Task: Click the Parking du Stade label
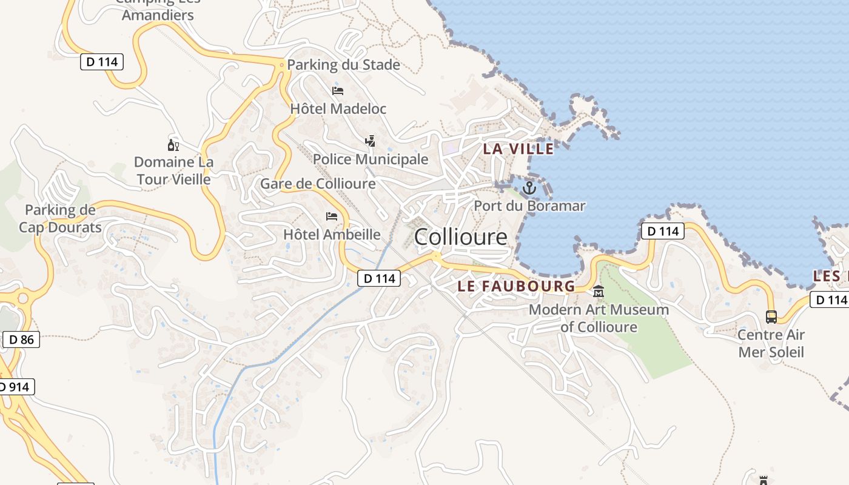click(x=343, y=65)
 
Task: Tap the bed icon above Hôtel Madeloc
click(x=338, y=91)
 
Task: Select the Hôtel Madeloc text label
click(x=338, y=109)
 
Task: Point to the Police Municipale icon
click(x=370, y=141)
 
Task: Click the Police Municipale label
click(x=370, y=159)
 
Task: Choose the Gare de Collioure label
click(x=318, y=183)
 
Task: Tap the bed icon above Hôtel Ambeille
click(x=332, y=216)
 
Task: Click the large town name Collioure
click(x=460, y=236)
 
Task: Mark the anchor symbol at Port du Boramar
click(x=529, y=188)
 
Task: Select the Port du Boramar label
click(x=529, y=206)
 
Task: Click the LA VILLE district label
click(x=518, y=149)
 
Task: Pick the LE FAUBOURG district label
click(x=516, y=286)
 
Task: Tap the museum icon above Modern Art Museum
click(x=599, y=292)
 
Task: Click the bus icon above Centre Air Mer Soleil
click(x=771, y=316)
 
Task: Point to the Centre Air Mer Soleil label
click(x=771, y=343)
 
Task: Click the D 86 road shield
click(x=22, y=339)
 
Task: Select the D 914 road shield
click(x=16, y=387)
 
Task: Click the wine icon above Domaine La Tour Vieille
click(x=173, y=145)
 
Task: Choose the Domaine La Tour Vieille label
click(x=173, y=171)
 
